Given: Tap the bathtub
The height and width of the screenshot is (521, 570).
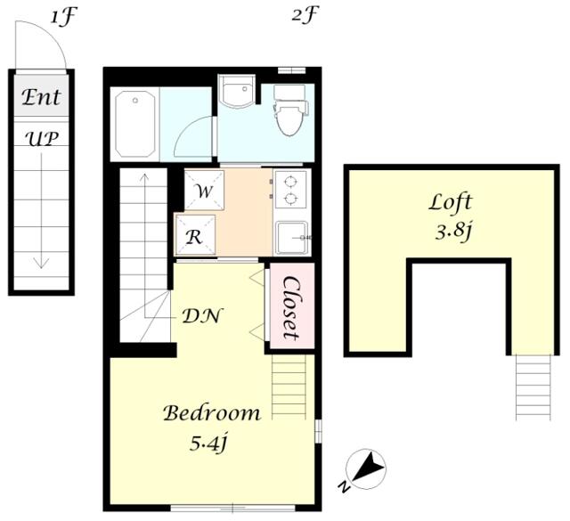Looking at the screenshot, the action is point(135,124).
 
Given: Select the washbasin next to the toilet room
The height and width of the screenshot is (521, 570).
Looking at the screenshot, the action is point(236,91).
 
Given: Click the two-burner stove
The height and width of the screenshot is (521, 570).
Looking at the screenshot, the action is point(290,190).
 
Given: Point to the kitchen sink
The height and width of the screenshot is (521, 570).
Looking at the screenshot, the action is point(292,238).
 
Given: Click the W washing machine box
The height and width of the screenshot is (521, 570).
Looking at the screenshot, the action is point(204,191).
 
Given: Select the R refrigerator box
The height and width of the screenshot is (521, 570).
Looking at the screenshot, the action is point(195,235).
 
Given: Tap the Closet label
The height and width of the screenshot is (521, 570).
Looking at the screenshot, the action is point(292,308).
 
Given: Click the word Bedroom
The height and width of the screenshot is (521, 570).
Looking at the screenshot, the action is point(212,413).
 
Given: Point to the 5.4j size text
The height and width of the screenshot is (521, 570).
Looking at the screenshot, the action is point(208,444).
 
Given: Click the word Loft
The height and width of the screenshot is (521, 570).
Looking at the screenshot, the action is point(450,202).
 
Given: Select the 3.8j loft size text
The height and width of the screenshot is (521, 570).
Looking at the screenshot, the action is point(453,232).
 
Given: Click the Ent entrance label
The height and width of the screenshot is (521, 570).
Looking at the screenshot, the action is point(41,97).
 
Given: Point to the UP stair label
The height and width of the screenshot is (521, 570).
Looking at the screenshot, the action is point(42,139).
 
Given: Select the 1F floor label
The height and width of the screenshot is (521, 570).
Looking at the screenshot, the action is point(64,18).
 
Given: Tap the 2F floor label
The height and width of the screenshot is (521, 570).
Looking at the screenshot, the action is point(305,15).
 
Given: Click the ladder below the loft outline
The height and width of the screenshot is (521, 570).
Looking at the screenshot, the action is point(533,387).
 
